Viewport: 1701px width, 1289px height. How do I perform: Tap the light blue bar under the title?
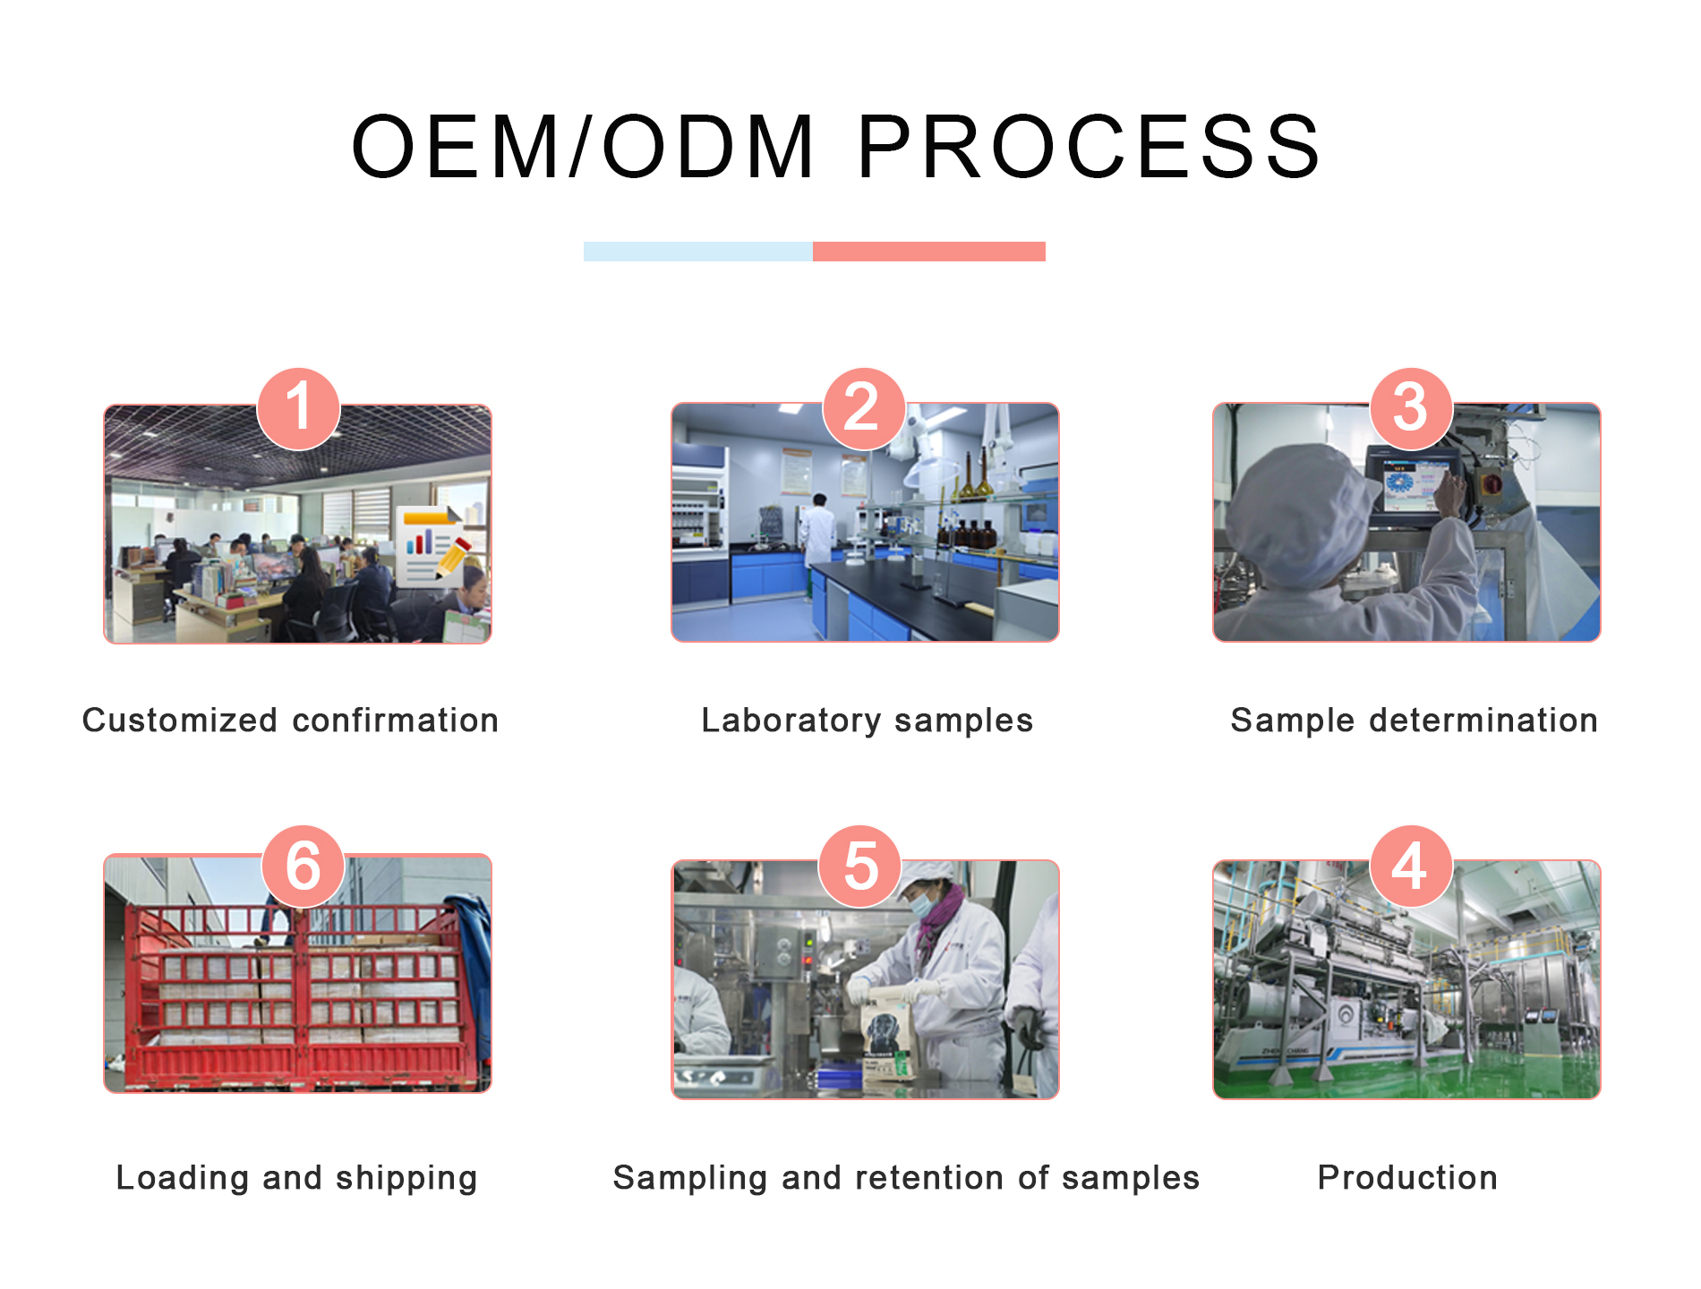[x=698, y=252]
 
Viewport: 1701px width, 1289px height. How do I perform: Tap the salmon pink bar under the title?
[x=929, y=252]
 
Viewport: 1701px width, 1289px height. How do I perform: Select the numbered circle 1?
[x=298, y=408]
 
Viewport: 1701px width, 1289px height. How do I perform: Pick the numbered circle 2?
[x=863, y=408]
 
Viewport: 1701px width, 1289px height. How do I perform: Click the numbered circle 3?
[x=1411, y=408]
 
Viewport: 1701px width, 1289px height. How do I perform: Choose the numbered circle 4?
[x=1411, y=866]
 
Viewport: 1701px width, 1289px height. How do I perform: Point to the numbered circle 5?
[x=860, y=866]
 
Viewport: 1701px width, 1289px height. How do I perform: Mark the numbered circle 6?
[x=303, y=866]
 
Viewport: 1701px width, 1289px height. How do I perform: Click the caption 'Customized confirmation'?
[x=290, y=721]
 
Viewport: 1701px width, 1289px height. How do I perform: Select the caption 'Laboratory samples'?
[x=867, y=721]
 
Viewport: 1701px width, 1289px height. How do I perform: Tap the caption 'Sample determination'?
[x=1414, y=721]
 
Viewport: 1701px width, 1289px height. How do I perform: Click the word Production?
[x=1407, y=1178]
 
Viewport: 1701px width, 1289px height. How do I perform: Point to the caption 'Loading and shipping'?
[x=296, y=1179]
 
